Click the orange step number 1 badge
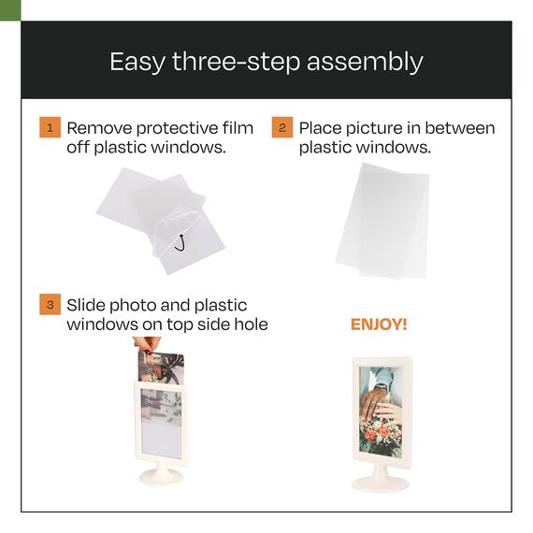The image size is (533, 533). [x=50, y=127]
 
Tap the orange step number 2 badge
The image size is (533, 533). [x=282, y=127]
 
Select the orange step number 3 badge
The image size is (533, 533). [x=50, y=304]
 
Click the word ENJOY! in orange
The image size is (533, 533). [x=379, y=324]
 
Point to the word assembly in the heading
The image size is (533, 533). [x=365, y=63]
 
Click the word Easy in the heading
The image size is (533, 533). [x=137, y=63]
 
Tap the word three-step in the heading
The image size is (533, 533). [x=237, y=63]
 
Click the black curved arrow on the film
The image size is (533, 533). [x=180, y=243]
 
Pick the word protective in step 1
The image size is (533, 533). [x=177, y=130]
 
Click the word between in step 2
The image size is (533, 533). [x=459, y=128]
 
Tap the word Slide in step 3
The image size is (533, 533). [x=86, y=305]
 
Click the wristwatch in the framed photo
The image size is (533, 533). [x=381, y=387]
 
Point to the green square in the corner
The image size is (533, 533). [x=10, y=10]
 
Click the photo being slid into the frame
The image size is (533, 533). [x=161, y=367]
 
